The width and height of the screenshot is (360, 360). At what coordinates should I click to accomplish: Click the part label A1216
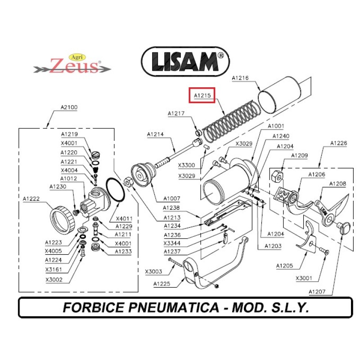[240, 78]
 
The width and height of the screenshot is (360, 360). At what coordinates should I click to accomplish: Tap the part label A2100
[69, 107]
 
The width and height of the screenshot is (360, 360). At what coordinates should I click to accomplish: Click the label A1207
[317, 292]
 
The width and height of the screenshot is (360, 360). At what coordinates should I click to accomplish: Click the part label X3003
[153, 271]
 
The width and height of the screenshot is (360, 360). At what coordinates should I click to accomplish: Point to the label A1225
[162, 283]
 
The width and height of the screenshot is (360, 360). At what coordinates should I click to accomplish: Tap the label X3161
[54, 270]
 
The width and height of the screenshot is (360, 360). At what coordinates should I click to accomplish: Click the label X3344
[172, 243]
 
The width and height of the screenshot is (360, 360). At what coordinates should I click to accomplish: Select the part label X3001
[304, 278]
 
